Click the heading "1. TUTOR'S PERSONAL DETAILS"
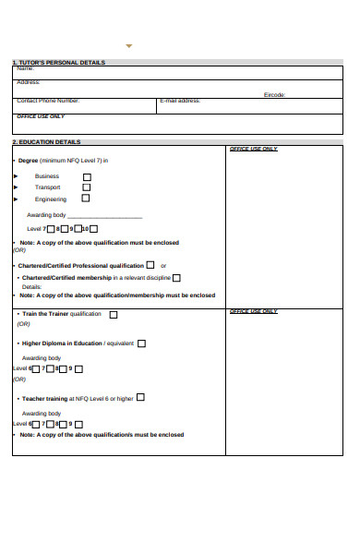click(59, 63)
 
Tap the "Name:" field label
click(25, 68)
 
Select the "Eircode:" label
click(275, 94)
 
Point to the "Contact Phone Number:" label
click(48, 100)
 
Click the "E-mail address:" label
click(180, 100)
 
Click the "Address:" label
click(28, 81)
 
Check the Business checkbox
click(87, 176)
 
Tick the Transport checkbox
click(87, 187)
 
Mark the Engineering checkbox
click(87, 199)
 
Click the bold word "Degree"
click(28, 161)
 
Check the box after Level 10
click(94, 229)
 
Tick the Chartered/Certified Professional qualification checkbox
click(150, 265)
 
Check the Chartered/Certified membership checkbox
click(176, 278)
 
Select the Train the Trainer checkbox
click(114, 315)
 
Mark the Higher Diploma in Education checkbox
click(141, 343)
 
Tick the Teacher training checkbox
click(141, 398)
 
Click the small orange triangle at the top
click(129, 45)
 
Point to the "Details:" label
click(32, 286)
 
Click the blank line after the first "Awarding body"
click(105, 216)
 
